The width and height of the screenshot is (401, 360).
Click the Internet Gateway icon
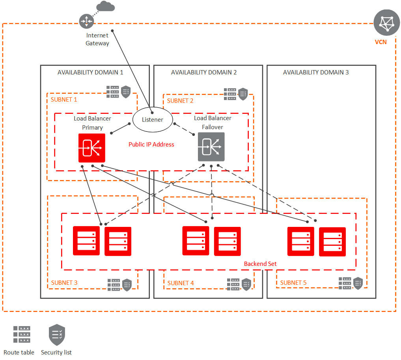click(x=86, y=21)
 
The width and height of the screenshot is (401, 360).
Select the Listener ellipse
click(x=152, y=119)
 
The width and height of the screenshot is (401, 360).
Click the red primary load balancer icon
click(x=92, y=148)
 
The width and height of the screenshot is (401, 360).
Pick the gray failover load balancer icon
click(x=211, y=147)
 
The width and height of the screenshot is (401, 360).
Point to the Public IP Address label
click(x=151, y=145)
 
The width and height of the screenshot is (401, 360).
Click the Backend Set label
click(x=260, y=264)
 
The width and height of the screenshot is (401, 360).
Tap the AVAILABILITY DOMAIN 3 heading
click(x=316, y=72)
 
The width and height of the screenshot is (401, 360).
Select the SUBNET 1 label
click(x=64, y=100)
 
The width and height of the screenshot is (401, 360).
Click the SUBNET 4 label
click(x=181, y=283)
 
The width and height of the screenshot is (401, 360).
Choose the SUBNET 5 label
click(x=293, y=283)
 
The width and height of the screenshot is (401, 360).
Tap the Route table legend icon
click(x=21, y=334)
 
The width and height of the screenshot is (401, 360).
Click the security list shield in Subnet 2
click(x=243, y=94)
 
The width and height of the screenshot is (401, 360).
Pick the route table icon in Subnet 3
click(x=114, y=284)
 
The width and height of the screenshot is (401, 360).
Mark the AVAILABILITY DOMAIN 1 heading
click(x=90, y=72)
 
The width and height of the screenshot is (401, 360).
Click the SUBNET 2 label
click(x=180, y=101)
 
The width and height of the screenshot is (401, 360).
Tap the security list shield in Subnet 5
click(x=358, y=283)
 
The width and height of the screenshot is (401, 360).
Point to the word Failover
click(x=213, y=127)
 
